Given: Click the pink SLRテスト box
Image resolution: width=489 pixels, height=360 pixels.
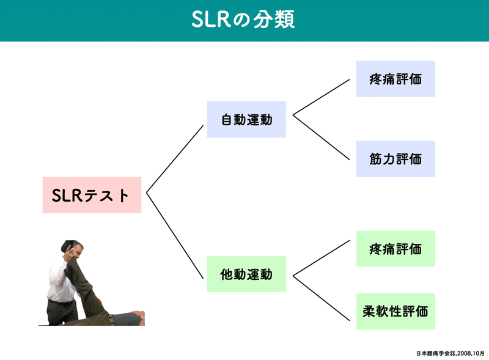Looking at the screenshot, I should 92,195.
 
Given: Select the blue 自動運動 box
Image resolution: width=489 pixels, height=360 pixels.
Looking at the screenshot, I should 246,119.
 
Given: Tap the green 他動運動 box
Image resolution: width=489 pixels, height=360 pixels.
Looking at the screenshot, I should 246,274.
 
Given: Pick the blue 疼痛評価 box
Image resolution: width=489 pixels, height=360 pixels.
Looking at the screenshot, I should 395,79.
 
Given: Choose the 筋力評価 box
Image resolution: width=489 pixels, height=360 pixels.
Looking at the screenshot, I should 395,159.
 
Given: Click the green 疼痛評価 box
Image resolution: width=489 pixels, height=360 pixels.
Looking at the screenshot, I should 395,249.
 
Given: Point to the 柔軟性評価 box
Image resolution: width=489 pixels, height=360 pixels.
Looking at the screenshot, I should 395,311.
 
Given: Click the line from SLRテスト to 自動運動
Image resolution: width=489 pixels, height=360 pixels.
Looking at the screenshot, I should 175,159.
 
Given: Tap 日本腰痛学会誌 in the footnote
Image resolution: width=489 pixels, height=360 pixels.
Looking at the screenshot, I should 432,353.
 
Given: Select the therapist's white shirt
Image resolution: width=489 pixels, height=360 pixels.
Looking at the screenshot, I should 60,278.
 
